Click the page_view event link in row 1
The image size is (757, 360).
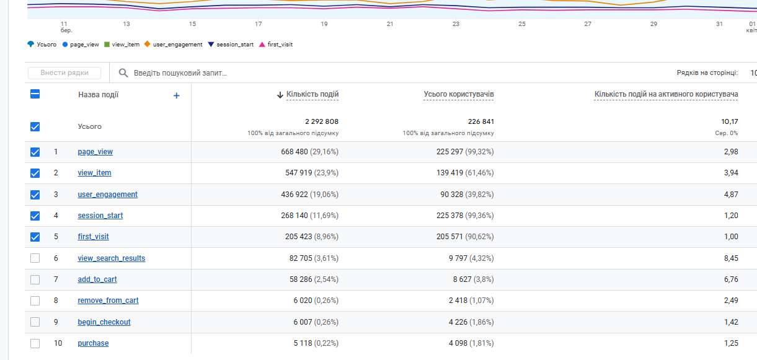(x=95, y=152)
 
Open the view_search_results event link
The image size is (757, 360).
(x=111, y=258)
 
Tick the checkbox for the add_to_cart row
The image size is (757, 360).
(x=35, y=279)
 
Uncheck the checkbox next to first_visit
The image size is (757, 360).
(x=35, y=237)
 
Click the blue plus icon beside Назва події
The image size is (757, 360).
(x=177, y=95)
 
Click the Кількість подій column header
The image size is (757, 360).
(x=312, y=95)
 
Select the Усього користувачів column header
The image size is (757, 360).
(x=459, y=95)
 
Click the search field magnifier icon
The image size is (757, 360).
(x=123, y=73)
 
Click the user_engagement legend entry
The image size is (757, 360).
(x=177, y=45)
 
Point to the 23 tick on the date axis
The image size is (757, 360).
(x=456, y=24)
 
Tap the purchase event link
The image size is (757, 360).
(x=93, y=343)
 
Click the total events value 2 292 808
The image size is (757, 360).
(x=321, y=121)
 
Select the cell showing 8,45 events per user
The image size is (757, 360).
(x=730, y=258)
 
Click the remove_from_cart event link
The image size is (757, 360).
(x=108, y=301)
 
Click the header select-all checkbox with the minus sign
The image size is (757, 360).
(x=35, y=94)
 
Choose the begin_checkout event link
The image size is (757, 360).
(x=104, y=322)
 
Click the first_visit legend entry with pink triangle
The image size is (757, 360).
(x=279, y=45)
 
